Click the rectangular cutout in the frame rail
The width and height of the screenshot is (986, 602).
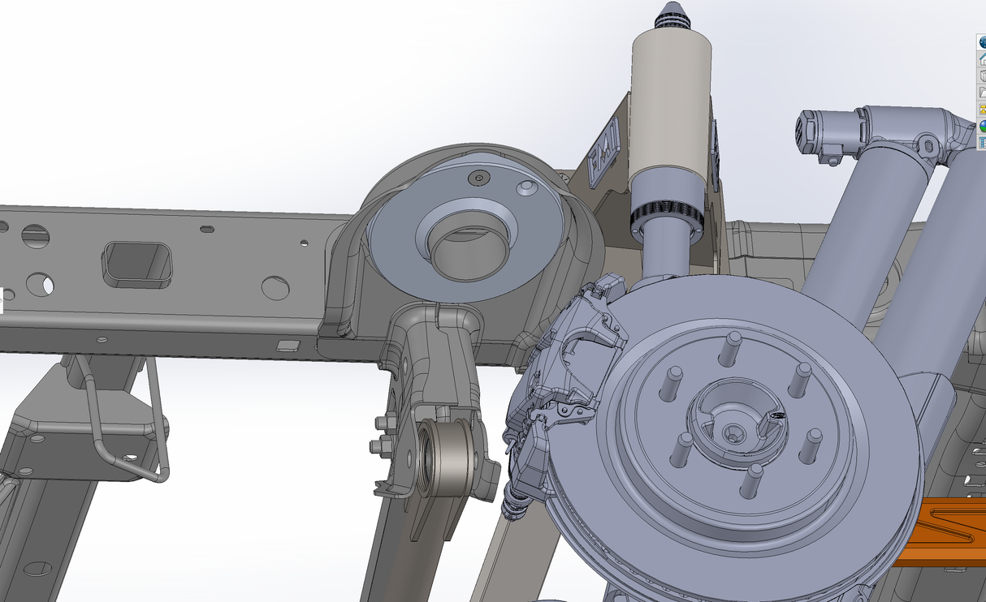[137, 264]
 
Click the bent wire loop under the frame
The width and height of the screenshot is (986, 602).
[130, 430]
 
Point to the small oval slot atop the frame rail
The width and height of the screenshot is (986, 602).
[207, 230]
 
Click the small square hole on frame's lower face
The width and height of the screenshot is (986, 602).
[288, 346]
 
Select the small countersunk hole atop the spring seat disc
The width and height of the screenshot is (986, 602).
[479, 176]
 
